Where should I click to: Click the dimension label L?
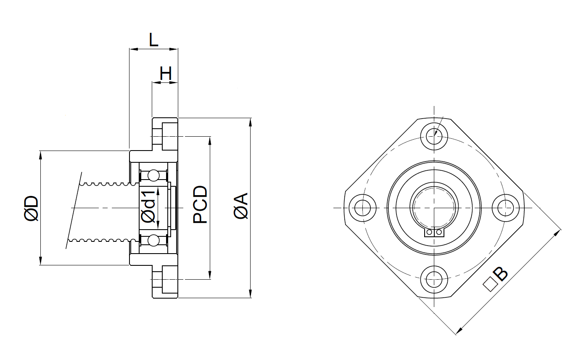(x=153, y=40)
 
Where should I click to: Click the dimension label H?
(x=166, y=74)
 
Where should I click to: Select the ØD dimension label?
(x=32, y=208)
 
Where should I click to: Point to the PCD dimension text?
(x=200, y=204)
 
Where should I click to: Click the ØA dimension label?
(x=242, y=206)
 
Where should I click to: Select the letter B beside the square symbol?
(x=501, y=274)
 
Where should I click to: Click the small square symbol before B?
(x=489, y=285)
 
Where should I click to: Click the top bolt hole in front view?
(x=433, y=136)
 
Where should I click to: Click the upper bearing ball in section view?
(x=153, y=175)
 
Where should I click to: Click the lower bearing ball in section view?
(x=153, y=241)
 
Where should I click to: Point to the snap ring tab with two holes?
(x=434, y=232)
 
